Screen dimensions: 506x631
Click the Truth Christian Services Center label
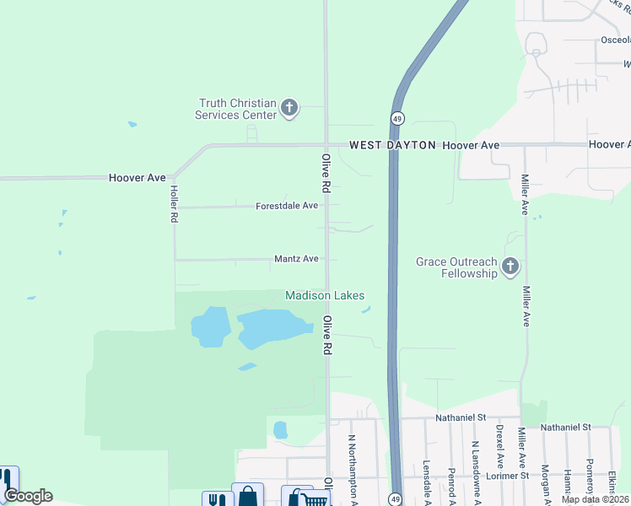pyautogui.click(x=236, y=109)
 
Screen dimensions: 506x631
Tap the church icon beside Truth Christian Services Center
pyautogui.click(x=289, y=107)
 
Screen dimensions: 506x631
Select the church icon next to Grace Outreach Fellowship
pyautogui.click(x=510, y=267)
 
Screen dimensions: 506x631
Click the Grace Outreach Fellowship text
pyautogui.click(x=456, y=267)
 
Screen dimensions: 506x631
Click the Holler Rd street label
pyautogui.click(x=174, y=204)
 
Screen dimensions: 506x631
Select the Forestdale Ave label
pyautogui.click(x=287, y=206)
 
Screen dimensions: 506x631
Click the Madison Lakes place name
pyautogui.click(x=325, y=295)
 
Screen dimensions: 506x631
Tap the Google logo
pyautogui.click(x=28, y=496)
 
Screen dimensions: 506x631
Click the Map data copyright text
pyautogui.click(x=595, y=499)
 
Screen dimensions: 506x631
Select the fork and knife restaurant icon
pyautogui.click(x=217, y=499)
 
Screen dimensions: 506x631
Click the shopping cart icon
pyautogui.click(x=312, y=499)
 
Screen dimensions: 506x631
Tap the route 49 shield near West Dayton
pyautogui.click(x=396, y=118)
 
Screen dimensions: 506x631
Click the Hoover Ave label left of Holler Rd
pyautogui.click(x=137, y=178)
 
